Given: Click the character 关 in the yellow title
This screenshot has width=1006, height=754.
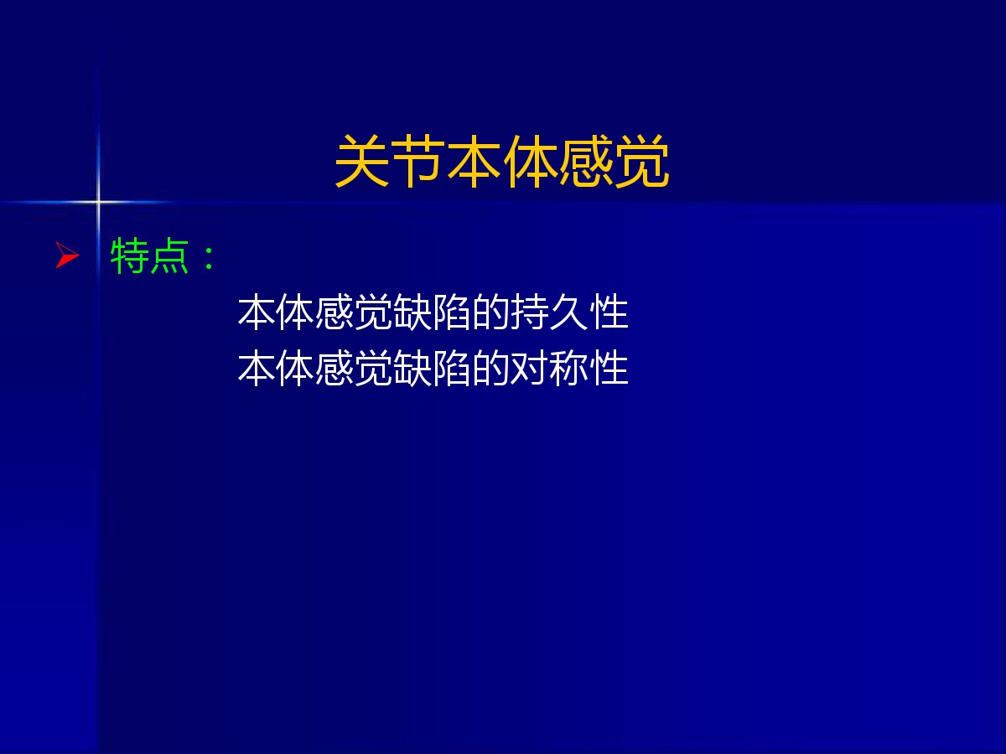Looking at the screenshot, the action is (x=362, y=161).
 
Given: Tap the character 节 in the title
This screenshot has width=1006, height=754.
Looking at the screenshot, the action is (x=418, y=161).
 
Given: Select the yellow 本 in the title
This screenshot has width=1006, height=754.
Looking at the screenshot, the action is (x=474, y=161).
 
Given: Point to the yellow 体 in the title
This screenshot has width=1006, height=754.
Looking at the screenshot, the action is (x=531, y=161).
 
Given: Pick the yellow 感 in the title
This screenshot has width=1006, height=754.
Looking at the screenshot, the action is (x=586, y=161).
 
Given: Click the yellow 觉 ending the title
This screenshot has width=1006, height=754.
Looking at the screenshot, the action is (x=642, y=161).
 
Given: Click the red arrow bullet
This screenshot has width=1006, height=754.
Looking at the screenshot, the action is (x=67, y=255).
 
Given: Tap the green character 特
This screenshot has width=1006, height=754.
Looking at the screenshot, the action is (x=129, y=256).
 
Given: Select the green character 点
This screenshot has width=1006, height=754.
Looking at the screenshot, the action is (x=169, y=256).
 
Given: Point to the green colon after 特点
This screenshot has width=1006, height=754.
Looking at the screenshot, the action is (x=209, y=258).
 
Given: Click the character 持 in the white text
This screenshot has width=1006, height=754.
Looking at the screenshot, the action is (x=530, y=312).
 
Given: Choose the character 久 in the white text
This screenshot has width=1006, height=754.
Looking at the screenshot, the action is (x=568, y=312).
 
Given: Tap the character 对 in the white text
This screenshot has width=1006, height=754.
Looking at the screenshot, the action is (x=530, y=368).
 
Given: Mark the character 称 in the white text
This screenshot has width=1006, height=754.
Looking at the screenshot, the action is (x=568, y=368).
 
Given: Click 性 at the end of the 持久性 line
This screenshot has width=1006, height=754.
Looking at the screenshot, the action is (x=609, y=312).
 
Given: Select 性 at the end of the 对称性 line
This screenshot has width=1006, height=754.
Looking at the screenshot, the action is (x=609, y=368).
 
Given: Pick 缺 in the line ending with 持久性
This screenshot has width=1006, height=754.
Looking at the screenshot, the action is (x=412, y=312).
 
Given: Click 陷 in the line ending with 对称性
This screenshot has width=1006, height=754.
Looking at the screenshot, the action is (x=451, y=368).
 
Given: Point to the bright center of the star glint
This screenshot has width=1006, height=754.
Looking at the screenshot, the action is (x=97, y=201).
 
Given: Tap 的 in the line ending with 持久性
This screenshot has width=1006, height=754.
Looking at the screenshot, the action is (x=490, y=312).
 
